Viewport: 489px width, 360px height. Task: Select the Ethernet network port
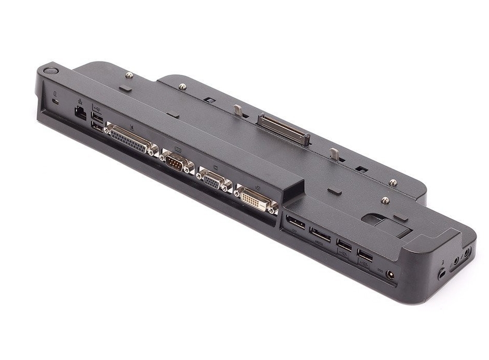81,114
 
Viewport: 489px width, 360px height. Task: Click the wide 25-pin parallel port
131,140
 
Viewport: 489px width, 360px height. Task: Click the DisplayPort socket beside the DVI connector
296,223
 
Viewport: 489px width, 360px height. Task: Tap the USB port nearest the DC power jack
365,256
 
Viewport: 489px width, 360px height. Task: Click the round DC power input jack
390,274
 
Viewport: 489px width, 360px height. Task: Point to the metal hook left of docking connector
238,110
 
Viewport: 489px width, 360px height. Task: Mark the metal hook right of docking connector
334,153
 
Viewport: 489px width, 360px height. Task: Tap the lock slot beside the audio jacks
442,273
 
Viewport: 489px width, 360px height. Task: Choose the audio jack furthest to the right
467,253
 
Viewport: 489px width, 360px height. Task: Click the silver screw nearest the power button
129,75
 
